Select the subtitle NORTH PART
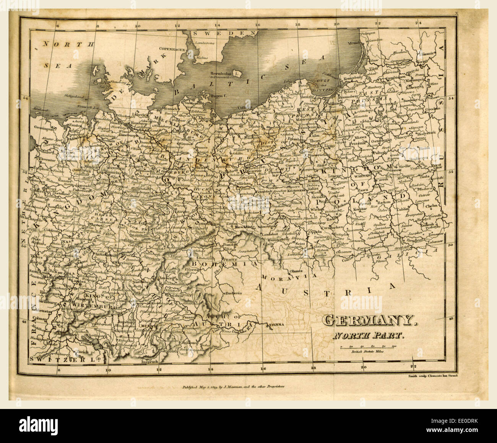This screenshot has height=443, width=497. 368,336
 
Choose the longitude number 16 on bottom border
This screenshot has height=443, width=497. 262,368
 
